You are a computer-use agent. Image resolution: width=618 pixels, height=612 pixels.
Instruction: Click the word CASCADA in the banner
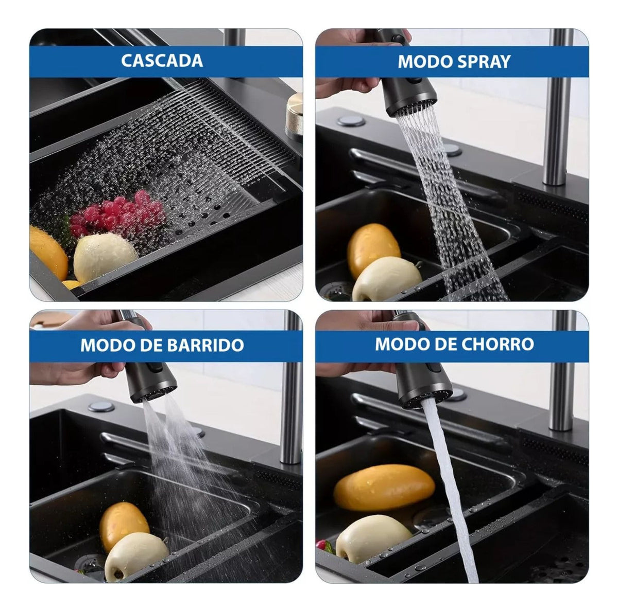(x=162, y=61)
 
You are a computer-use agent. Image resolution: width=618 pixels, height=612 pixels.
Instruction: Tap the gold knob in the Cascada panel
(x=294, y=114)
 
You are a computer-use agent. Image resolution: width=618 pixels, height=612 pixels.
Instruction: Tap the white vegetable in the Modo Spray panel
(x=386, y=279)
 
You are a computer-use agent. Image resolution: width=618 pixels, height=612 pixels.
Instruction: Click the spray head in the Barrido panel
(x=151, y=381)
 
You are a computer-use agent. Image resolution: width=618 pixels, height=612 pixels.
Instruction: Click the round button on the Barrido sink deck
(x=101, y=407)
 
